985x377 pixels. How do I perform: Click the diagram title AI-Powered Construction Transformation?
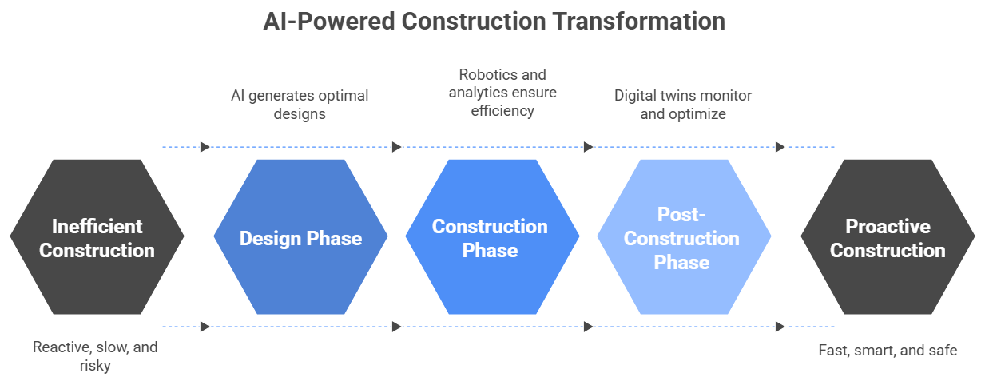click(494, 21)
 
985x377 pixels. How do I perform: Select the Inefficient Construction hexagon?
click(97, 236)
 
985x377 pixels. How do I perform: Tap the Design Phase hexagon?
click(301, 236)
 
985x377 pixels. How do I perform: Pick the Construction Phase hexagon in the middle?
click(492, 236)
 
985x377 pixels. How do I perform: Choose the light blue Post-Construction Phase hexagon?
click(684, 236)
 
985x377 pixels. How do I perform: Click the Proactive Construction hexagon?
click(888, 236)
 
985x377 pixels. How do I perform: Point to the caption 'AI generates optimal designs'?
click(300, 105)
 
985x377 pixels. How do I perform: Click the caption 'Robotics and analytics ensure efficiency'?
click(502, 93)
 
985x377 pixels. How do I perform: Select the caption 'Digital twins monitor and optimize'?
click(683, 105)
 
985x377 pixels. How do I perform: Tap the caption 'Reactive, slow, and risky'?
click(95, 356)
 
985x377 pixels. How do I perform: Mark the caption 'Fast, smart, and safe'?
click(888, 350)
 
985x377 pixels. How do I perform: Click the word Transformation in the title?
click(639, 21)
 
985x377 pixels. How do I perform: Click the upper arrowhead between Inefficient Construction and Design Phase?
click(205, 147)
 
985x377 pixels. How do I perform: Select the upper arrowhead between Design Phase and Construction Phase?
click(397, 147)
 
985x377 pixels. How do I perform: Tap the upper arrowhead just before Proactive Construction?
click(780, 147)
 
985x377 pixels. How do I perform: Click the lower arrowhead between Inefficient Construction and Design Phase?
click(205, 327)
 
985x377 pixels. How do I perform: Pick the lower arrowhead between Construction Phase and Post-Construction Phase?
click(588, 327)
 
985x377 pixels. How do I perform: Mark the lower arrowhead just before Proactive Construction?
click(780, 327)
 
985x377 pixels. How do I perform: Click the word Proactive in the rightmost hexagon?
click(888, 227)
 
